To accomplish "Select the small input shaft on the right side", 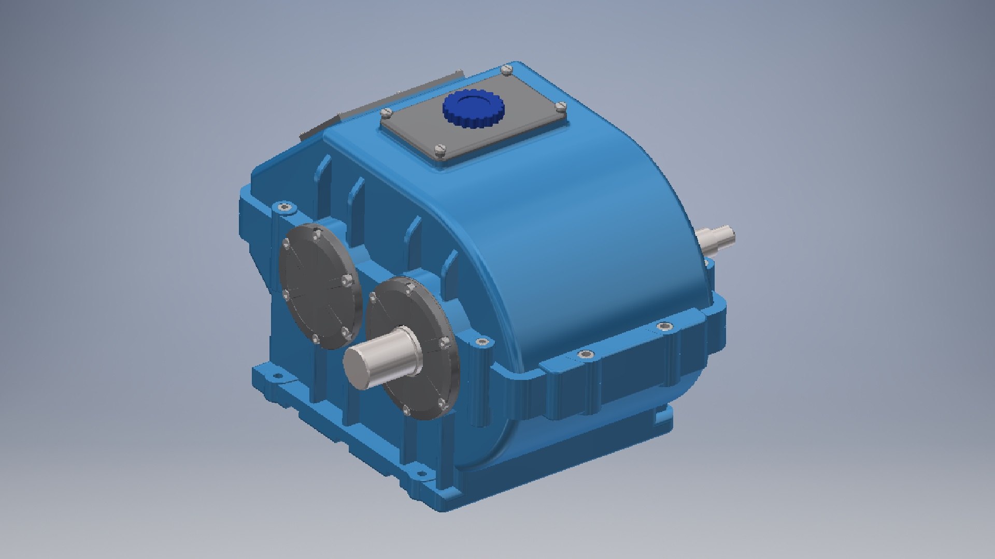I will (718, 237).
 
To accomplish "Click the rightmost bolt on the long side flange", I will (664, 327).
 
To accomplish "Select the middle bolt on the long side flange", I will (586, 355).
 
